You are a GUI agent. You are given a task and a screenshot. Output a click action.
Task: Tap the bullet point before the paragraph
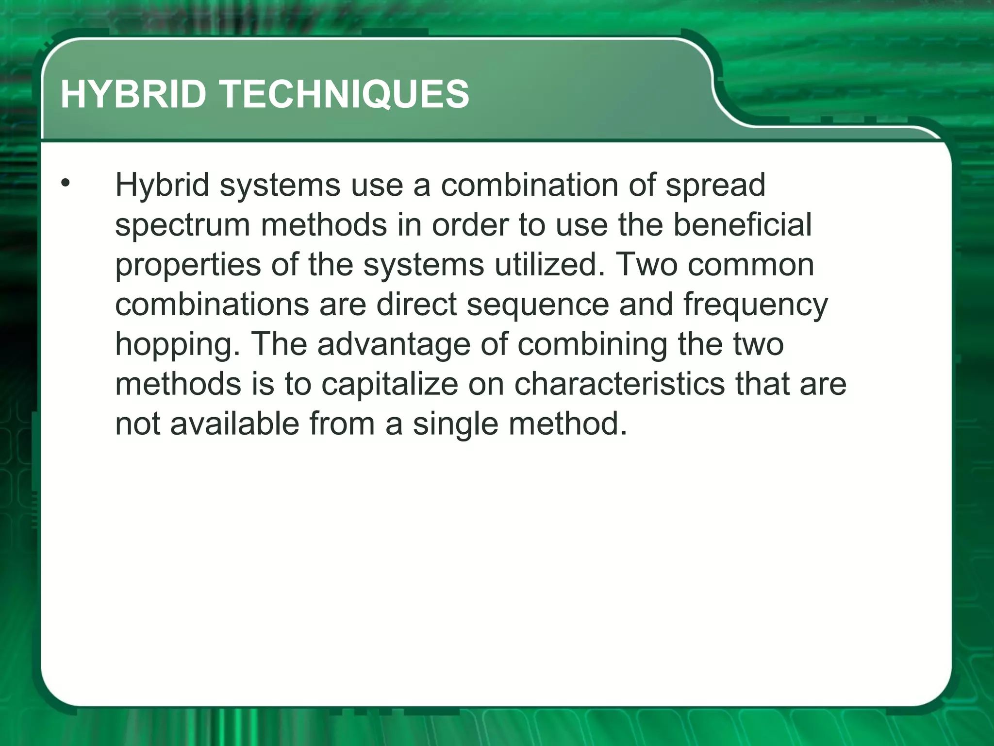66,184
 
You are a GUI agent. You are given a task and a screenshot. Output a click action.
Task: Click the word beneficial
742,224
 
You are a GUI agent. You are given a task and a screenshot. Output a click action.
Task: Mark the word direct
416,305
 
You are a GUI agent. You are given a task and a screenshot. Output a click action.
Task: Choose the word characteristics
619,384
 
